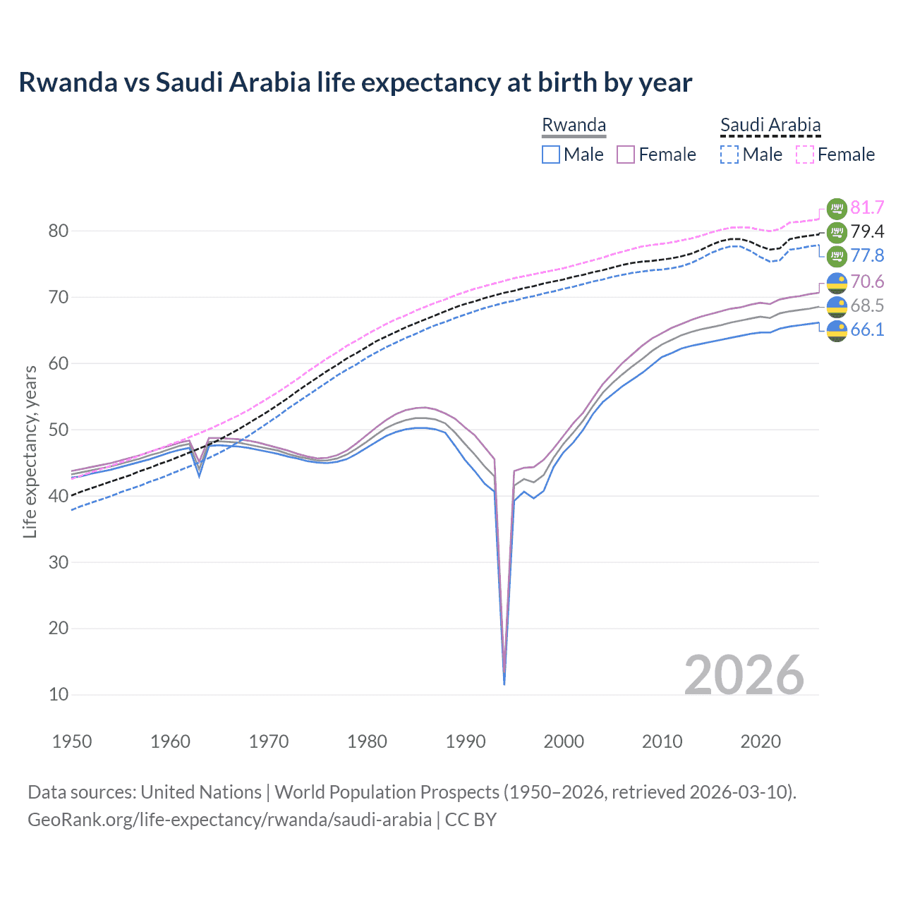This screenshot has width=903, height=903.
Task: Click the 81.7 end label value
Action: pos(867,207)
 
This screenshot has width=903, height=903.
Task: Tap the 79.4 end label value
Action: pos(867,231)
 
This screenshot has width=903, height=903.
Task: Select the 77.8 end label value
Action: pos(867,255)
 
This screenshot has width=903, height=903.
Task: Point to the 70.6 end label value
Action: pos(867,281)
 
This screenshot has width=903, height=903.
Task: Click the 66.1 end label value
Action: pos(867,329)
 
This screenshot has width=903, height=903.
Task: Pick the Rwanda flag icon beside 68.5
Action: pos(837,306)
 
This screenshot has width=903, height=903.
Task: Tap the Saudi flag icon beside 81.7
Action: pos(837,208)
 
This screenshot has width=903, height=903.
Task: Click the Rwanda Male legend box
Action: pos(551,154)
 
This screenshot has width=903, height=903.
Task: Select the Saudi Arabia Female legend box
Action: pos(805,154)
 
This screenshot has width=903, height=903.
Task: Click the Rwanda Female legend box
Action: pos(626,154)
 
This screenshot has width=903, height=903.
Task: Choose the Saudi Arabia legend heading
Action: pos(770,125)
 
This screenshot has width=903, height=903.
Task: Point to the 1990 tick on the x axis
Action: pos(466,741)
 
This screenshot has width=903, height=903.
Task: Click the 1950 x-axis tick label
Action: pos(72,741)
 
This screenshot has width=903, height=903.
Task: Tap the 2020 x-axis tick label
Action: pos(760,741)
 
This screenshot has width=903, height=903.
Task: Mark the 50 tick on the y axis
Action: pos(59,430)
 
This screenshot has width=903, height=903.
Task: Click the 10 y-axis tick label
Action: pos(59,695)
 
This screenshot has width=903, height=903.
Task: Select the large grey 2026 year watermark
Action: pos(744,675)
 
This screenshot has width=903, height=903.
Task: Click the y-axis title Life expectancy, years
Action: pos(30,451)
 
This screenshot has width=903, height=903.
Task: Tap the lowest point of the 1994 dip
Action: pos(504,684)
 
